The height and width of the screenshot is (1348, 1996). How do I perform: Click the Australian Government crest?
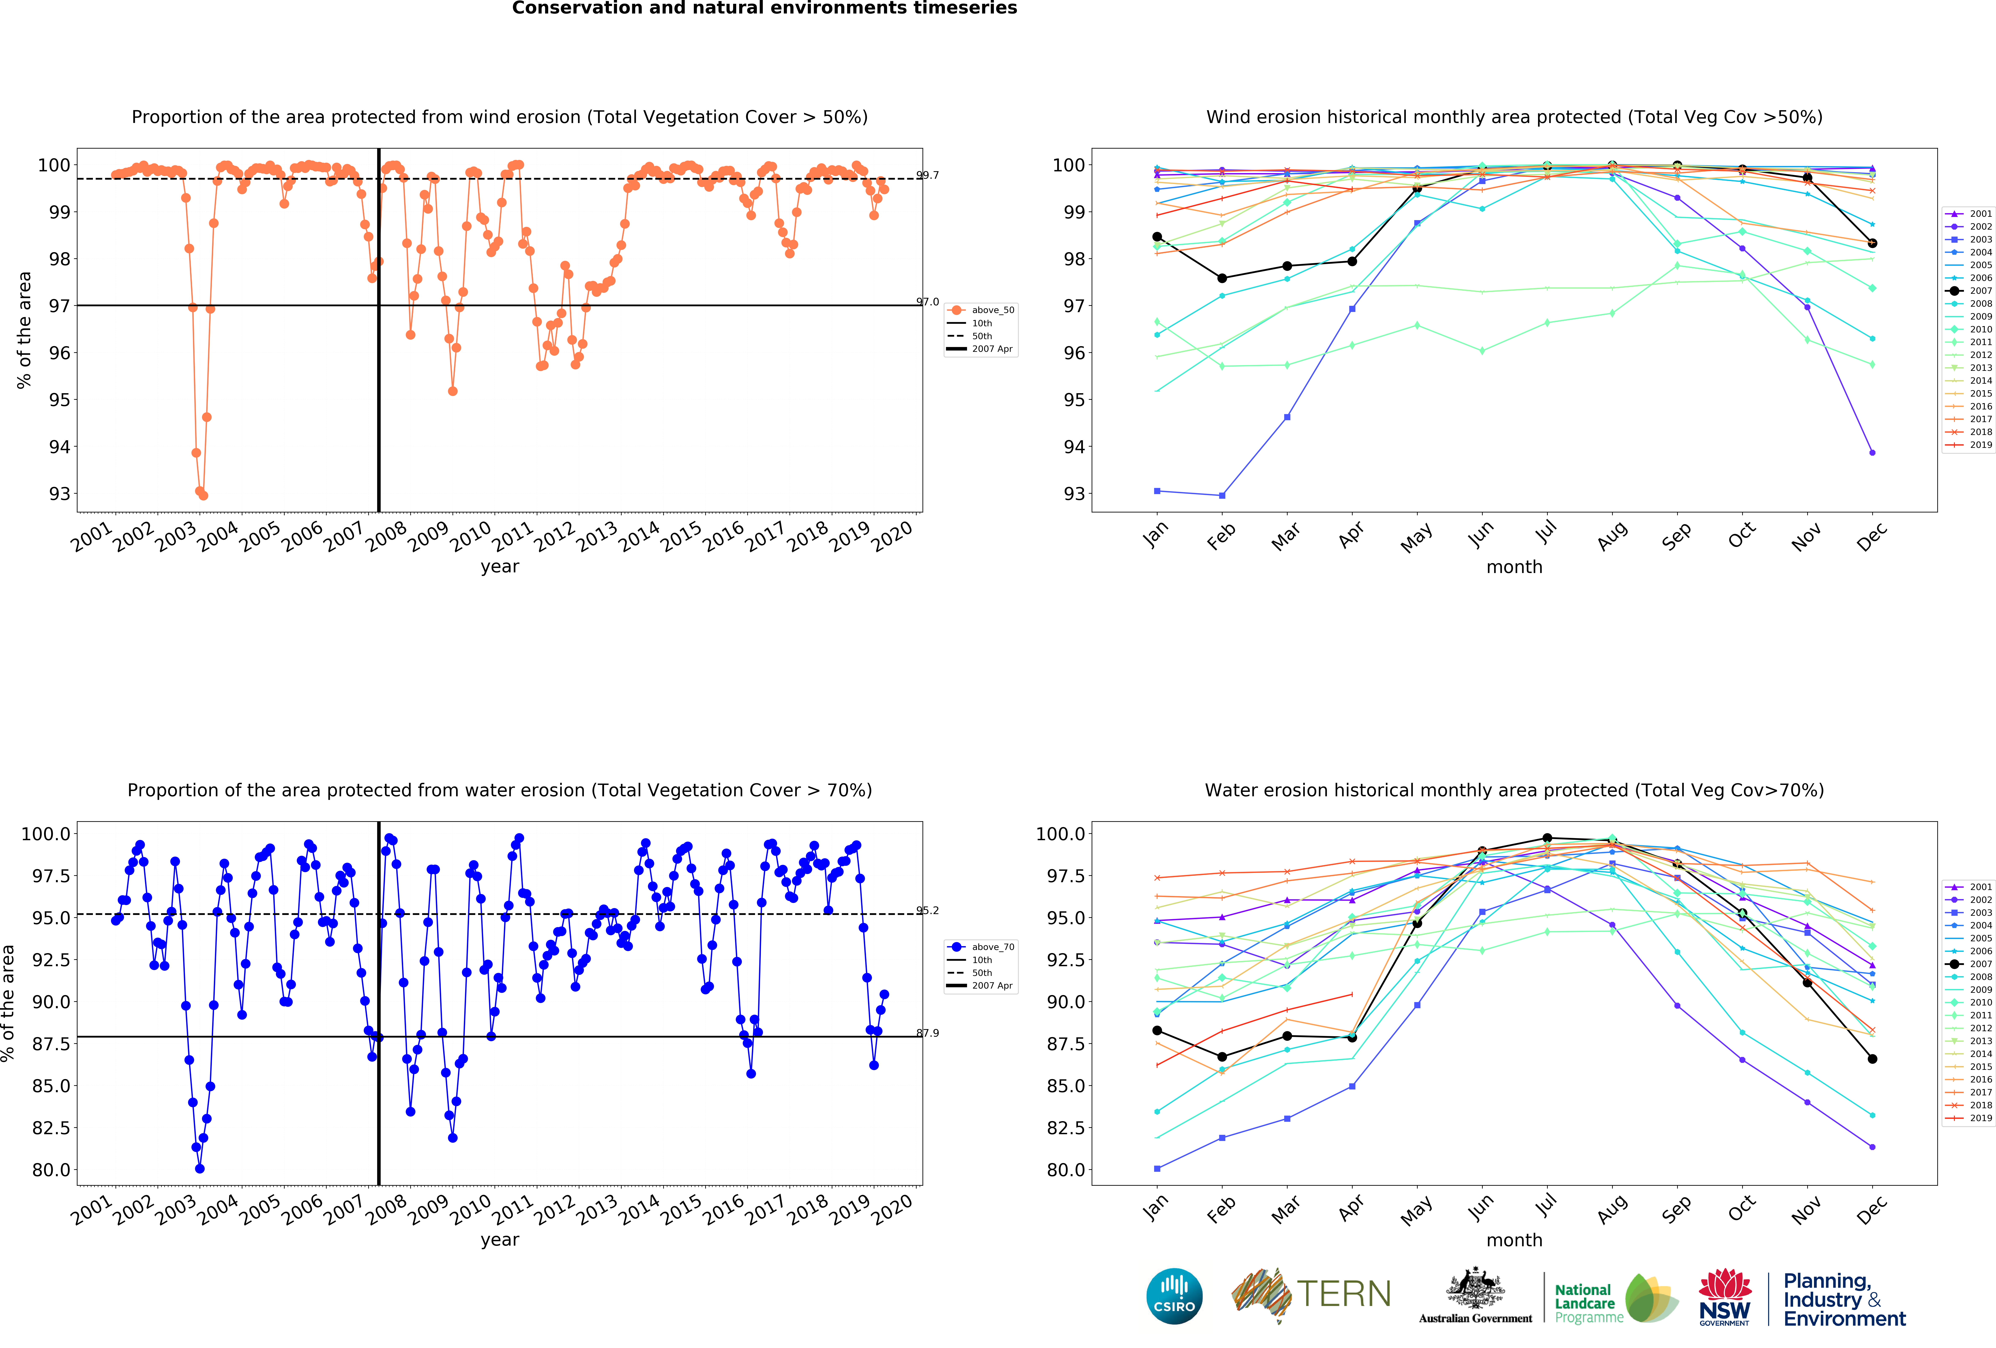coord(1475,1288)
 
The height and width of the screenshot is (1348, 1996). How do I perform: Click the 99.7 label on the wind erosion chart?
coord(928,175)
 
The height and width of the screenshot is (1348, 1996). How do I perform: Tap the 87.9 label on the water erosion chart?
coord(928,1033)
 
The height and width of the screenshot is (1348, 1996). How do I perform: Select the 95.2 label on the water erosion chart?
coord(928,910)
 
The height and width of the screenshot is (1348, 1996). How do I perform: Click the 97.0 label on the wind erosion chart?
coord(928,302)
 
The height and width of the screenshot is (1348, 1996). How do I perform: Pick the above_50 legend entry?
coord(992,310)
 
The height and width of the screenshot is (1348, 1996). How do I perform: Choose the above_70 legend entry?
coord(992,947)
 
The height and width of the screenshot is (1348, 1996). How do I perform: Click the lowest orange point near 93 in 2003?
coord(203,495)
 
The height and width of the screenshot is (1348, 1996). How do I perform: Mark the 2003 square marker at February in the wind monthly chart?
coord(1222,495)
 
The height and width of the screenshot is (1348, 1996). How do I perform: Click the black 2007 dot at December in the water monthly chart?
coord(1872,1059)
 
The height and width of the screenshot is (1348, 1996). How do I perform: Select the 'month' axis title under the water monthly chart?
coord(1514,1240)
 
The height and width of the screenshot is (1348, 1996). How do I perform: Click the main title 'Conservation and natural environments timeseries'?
coord(764,9)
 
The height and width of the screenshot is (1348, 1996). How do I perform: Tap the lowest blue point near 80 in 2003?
coord(199,1169)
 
